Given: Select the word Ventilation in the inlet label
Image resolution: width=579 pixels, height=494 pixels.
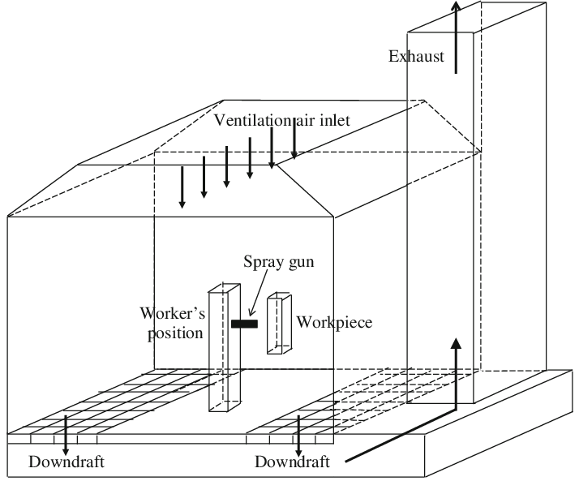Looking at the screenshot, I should point(251,121).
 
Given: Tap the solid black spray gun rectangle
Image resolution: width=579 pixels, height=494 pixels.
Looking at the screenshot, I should point(244,324).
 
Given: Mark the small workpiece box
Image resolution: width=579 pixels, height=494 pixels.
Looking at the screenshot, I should point(280,324).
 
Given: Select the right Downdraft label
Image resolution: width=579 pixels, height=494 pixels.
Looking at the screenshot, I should point(292,463).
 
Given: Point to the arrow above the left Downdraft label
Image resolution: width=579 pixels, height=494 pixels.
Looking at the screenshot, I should point(66,435).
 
